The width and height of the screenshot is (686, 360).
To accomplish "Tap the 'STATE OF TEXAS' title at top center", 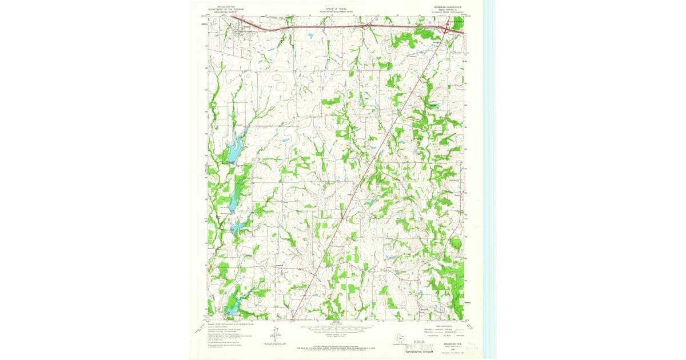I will pos(336,9).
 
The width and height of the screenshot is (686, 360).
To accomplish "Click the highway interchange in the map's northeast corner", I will pos(445,28).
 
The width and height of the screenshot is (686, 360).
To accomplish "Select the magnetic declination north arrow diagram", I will pos(275,337).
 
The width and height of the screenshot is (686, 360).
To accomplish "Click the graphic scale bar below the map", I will pos(336,330).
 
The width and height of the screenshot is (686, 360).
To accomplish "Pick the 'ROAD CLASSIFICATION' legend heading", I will pos(445,326).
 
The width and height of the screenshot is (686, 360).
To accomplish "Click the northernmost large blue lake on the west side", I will pos(233,150).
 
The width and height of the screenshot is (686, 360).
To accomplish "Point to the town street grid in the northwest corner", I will pos(240,32).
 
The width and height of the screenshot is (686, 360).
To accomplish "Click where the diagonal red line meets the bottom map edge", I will pos(292,319).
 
